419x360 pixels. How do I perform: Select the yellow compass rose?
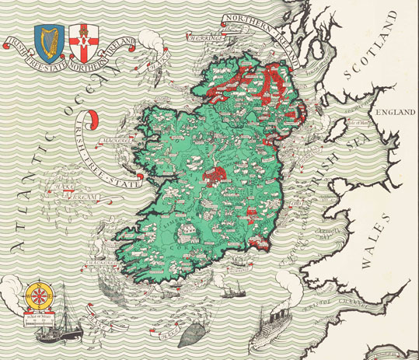(36, 295)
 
